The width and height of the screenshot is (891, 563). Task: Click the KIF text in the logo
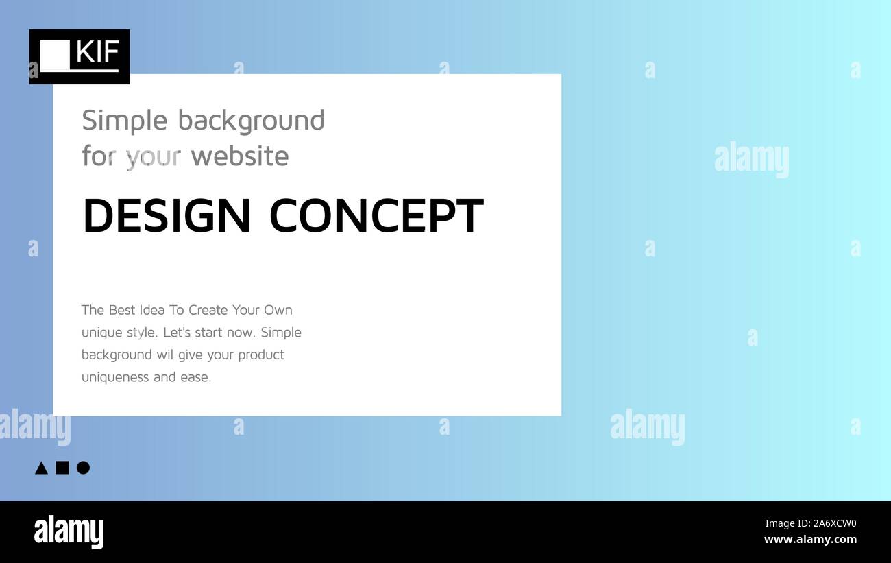point(98,52)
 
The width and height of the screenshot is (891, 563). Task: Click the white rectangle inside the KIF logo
point(55,55)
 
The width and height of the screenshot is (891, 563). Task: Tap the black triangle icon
point(41,468)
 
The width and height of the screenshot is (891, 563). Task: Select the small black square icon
point(62,468)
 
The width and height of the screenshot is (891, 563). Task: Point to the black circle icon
point(83,468)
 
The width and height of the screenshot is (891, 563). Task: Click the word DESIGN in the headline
point(167,216)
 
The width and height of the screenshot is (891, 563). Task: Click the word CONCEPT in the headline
point(376,216)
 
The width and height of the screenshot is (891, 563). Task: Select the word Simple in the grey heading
point(124,121)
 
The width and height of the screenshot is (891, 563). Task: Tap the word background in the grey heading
point(251,121)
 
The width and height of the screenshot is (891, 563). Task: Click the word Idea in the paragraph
point(152,310)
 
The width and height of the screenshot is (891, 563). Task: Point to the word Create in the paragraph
point(208,310)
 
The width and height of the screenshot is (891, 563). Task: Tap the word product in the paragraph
point(260,355)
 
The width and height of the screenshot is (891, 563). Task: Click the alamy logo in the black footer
point(69,532)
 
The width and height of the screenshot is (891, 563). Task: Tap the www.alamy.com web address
point(810,540)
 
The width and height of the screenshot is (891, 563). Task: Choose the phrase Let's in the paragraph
point(177,333)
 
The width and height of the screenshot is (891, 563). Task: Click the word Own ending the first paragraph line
point(278,310)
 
